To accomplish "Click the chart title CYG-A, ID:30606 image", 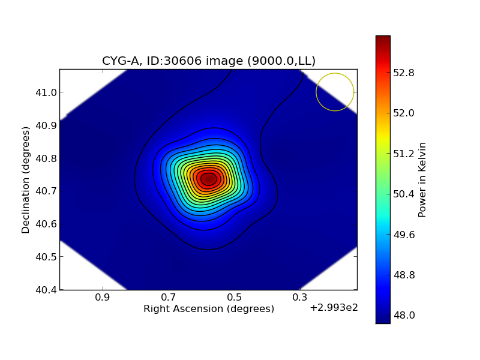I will pyautogui.click(x=209, y=61).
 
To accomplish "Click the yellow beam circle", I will pyautogui.click(x=335, y=92).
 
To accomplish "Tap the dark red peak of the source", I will pyautogui.click(x=208, y=179).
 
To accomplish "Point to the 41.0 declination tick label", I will pyautogui.click(x=45, y=92).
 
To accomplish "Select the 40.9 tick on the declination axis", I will pyautogui.click(x=45, y=125).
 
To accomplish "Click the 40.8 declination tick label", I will pyautogui.click(x=45, y=158).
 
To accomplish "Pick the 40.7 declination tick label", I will pyautogui.click(x=45, y=191).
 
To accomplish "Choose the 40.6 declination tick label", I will pyautogui.click(x=45, y=224).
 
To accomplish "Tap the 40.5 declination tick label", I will pyautogui.click(x=45, y=257).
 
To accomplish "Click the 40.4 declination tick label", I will pyautogui.click(x=45, y=290).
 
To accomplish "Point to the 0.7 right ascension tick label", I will pyautogui.click(x=168, y=298).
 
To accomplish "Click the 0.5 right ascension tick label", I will pyautogui.click(x=234, y=298).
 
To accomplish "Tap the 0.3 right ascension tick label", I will pyautogui.click(x=300, y=298).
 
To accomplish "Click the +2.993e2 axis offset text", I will pyautogui.click(x=334, y=308).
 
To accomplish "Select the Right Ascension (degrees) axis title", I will pyautogui.click(x=209, y=308).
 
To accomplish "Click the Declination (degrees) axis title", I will pyautogui.click(x=26, y=179).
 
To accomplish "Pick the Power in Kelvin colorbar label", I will pyautogui.click(x=422, y=179).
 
